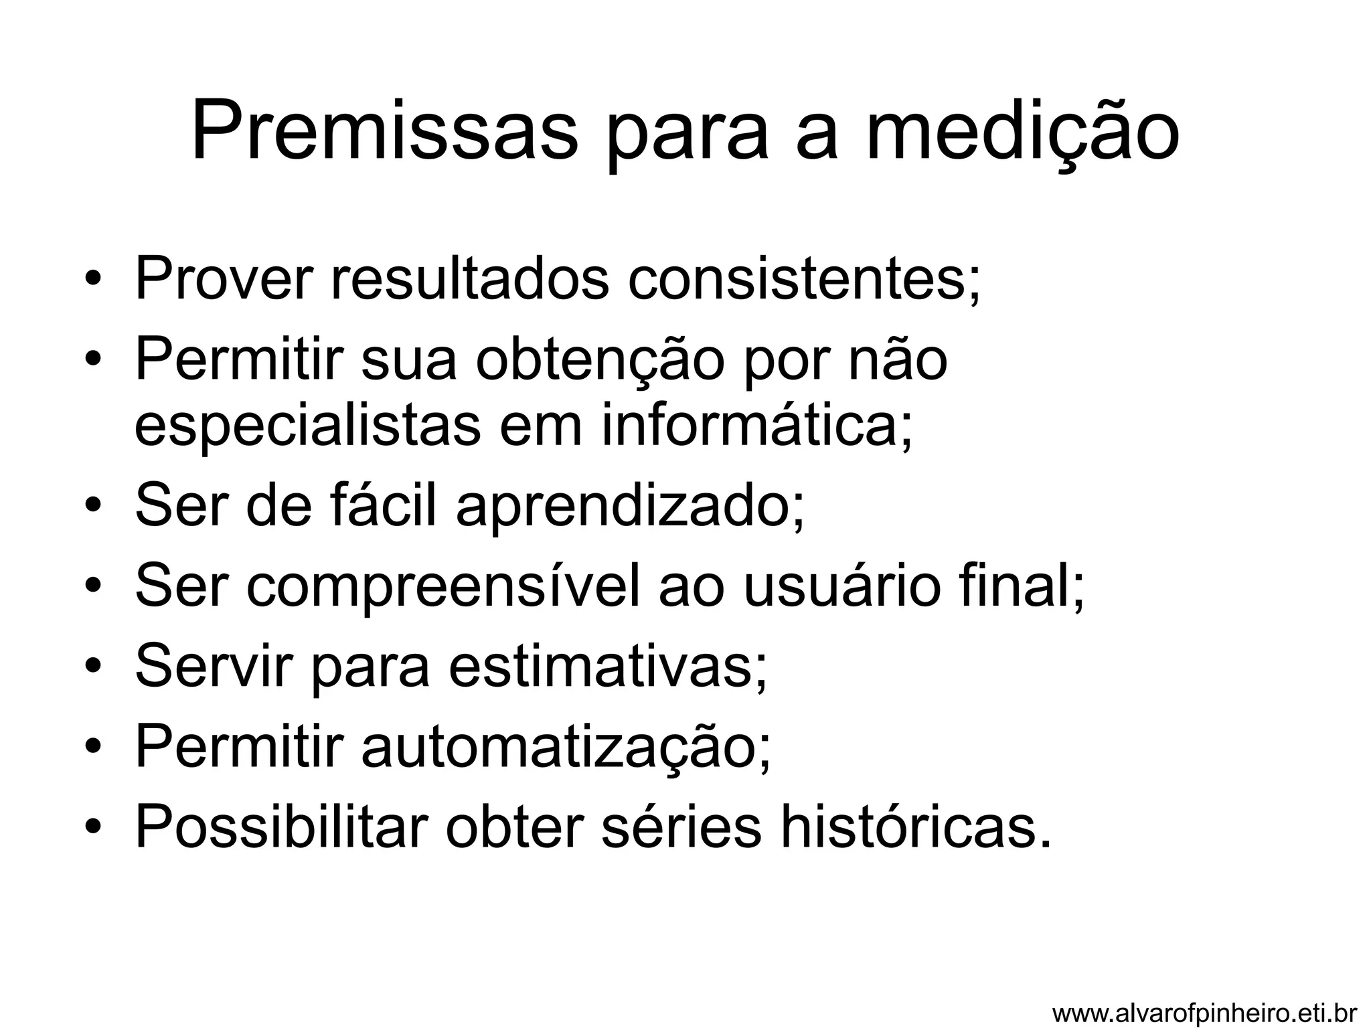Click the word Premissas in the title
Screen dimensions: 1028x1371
tap(384, 132)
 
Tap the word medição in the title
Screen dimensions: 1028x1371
tap(1022, 132)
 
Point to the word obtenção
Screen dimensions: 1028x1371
tap(600, 361)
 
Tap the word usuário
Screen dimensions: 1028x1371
tap(837, 587)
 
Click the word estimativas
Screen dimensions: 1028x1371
tap(607, 667)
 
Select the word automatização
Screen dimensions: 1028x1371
tap(566, 748)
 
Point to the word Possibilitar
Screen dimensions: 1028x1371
tap(282, 828)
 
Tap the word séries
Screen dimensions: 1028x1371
tap(681, 828)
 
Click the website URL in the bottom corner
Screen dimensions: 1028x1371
tap(1204, 1013)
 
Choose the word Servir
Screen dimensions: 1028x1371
tap(214, 667)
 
